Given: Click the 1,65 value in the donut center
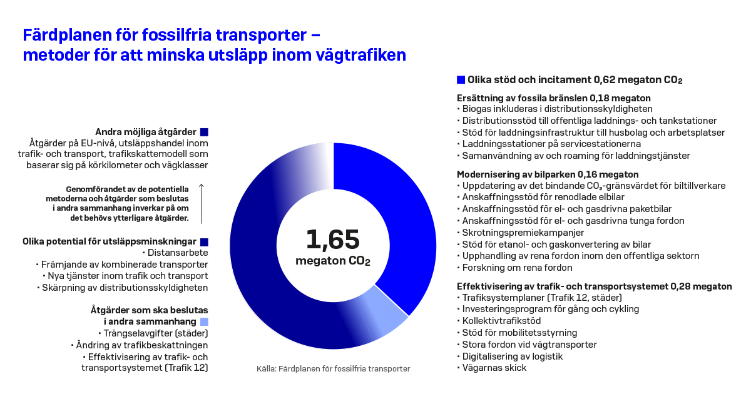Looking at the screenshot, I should (x=332, y=240).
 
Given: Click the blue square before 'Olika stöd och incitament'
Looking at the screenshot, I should (x=461, y=80).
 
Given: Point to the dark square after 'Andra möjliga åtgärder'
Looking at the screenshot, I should (x=203, y=132).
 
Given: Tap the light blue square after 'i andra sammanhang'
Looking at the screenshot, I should (x=203, y=321).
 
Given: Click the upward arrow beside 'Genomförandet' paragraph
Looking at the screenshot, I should (x=201, y=203).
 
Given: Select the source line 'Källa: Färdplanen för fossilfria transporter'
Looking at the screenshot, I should (x=334, y=368).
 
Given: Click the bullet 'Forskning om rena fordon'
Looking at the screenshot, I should (x=517, y=268).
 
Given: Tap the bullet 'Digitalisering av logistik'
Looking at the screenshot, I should (x=512, y=356).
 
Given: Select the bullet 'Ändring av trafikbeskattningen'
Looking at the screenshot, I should (x=141, y=345).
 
